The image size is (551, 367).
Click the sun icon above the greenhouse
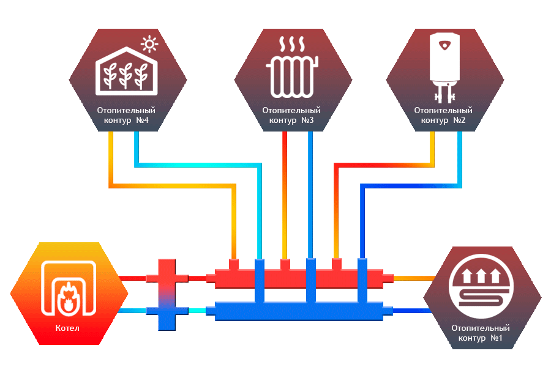click(x=149, y=44)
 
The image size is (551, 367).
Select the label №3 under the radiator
click(x=308, y=120)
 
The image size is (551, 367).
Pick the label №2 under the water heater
click(x=460, y=120)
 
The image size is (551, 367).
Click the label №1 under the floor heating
click(x=497, y=338)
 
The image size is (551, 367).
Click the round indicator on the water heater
click(x=444, y=43)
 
